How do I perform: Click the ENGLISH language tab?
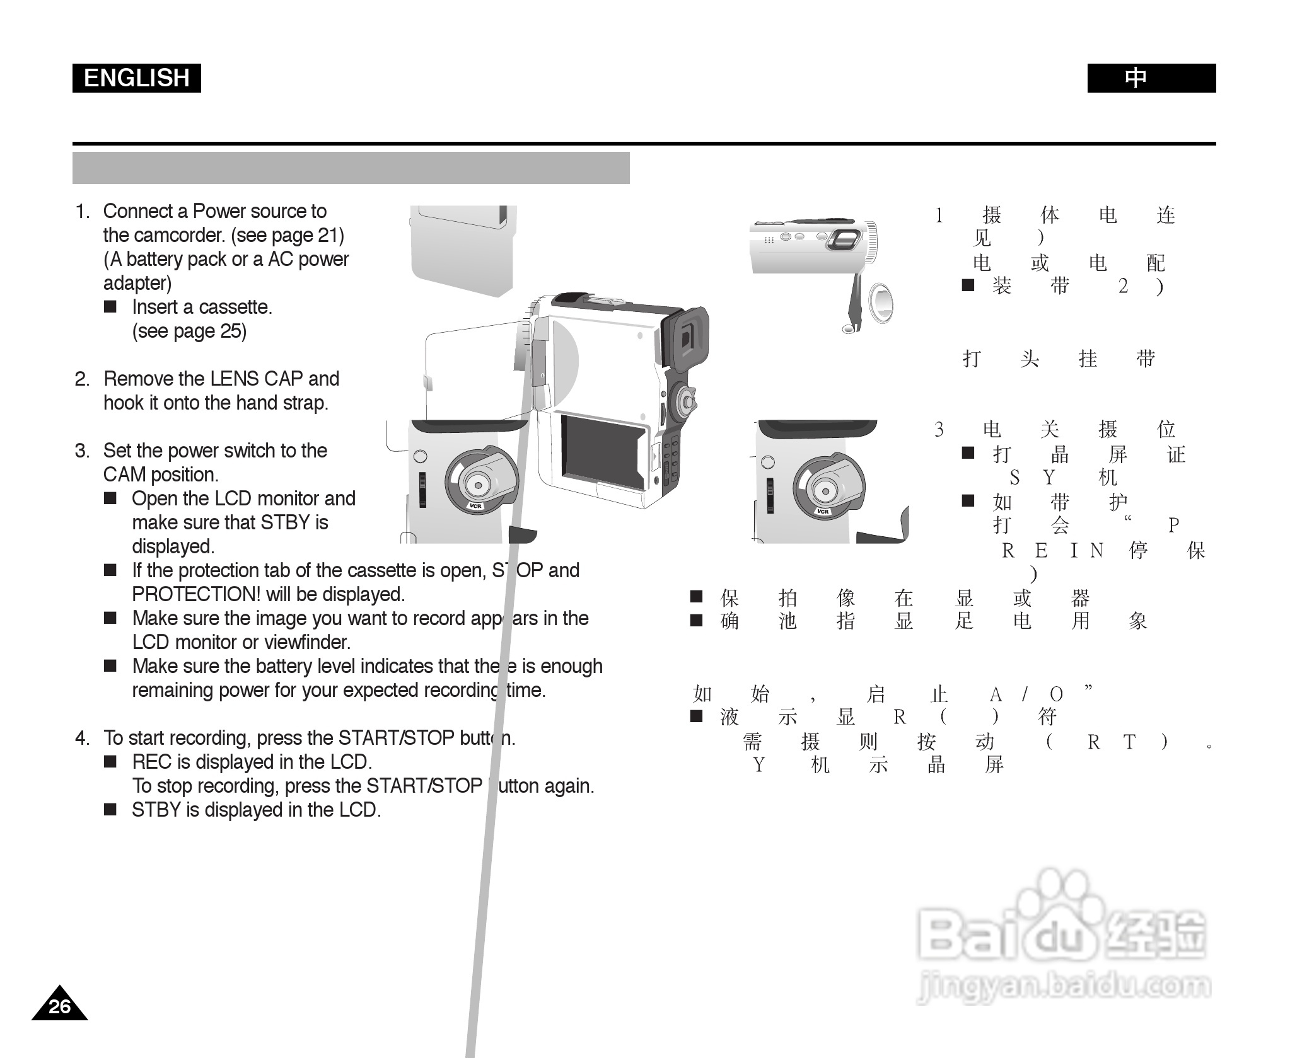click(x=136, y=78)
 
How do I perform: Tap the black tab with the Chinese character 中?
click(x=1151, y=78)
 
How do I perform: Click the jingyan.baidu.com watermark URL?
click(x=1064, y=985)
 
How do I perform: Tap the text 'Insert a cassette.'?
click(x=202, y=307)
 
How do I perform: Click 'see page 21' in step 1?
click(x=288, y=235)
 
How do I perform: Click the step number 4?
click(x=82, y=738)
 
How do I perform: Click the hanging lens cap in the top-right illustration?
click(x=880, y=303)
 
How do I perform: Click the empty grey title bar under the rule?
click(x=351, y=168)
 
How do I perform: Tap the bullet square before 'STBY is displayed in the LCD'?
click(x=110, y=810)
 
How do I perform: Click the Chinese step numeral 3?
click(x=939, y=430)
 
